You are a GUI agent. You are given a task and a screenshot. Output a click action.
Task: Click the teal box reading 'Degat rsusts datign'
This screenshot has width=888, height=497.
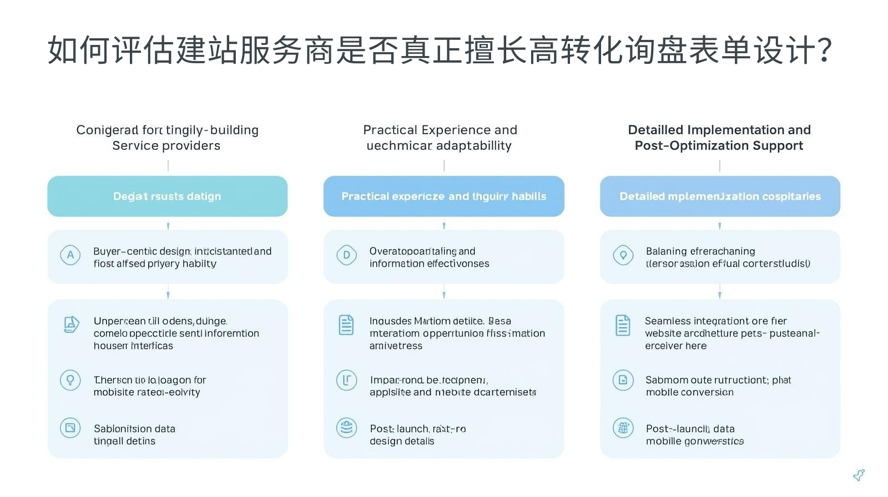point(167,196)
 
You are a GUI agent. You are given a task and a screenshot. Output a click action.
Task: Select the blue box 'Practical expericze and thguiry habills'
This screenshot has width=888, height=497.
point(443,196)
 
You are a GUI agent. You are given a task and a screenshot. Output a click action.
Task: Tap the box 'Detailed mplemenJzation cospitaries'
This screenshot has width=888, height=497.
point(720,196)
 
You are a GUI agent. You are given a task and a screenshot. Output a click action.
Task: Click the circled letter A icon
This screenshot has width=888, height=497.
point(70,255)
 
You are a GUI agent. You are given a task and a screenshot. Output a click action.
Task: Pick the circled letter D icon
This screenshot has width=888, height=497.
point(346,255)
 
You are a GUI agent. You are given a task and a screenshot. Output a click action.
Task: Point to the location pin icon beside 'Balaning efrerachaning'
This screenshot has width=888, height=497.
point(623,255)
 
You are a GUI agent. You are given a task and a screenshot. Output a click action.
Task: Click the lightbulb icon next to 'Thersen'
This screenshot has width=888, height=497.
point(70,381)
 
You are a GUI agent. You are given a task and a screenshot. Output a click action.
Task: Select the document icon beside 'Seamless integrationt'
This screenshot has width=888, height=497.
point(623,325)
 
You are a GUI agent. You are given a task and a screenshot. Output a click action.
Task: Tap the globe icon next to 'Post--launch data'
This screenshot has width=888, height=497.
point(623,428)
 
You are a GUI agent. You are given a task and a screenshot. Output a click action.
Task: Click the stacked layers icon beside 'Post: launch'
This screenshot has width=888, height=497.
point(346,428)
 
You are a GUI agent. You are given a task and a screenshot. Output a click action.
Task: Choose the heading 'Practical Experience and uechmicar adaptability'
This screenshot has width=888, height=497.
point(440,138)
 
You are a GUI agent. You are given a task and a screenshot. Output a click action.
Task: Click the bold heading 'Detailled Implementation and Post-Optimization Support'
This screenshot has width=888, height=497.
point(719,138)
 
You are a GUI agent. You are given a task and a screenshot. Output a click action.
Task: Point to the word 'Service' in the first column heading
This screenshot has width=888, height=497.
point(132,146)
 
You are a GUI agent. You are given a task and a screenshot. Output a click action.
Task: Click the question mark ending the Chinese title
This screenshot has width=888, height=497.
point(824,50)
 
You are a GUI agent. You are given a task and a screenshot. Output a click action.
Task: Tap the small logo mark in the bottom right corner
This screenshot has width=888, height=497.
point(859,475)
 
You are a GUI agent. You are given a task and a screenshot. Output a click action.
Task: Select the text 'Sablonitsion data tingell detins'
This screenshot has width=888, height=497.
point(134,435)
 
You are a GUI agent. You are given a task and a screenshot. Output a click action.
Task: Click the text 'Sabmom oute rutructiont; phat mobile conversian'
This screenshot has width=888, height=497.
point(718,386)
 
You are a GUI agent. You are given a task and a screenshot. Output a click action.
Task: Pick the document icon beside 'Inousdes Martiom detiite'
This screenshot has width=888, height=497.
point(346,325)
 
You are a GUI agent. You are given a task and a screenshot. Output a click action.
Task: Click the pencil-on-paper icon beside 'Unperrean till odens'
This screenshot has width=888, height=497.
point(71,324)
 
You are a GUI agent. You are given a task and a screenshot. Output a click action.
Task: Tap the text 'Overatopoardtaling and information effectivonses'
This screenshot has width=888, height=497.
point(429,257)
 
